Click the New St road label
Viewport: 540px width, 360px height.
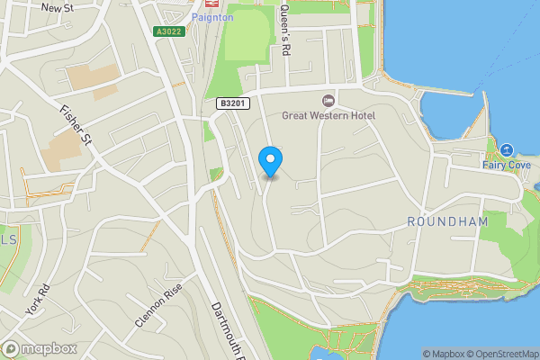(x=56, y=6)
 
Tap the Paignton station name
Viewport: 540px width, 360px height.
(x=212, y=17)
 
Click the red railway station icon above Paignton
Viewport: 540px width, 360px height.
(x=212, y=4)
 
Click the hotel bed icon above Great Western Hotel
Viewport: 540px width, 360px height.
(x=328, y=99)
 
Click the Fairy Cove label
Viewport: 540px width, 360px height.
(x=506, y=165)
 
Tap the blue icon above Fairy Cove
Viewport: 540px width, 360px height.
(x=506, y=149)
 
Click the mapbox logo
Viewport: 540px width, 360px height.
(x=40, y=349)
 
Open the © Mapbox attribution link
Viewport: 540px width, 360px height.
(x=443, y=354)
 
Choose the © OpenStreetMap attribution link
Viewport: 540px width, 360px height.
(x=500, y=354)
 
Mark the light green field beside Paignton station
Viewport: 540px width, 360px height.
(x=247, y=40)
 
